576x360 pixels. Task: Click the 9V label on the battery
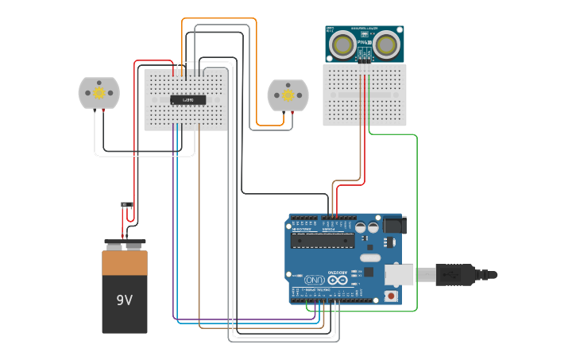124,300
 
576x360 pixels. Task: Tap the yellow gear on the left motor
99,93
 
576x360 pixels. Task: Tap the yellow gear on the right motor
288,95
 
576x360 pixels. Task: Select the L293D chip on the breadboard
188,99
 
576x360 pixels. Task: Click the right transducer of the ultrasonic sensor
387,44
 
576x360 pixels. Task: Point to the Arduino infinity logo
337,281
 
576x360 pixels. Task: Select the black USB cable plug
456,275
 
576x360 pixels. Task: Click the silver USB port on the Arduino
399,275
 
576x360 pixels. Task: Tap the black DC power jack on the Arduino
394,226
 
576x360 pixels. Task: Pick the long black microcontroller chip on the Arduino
322,241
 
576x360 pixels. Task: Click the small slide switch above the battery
127,205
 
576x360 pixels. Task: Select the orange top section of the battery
125,262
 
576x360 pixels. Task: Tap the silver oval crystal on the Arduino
370,257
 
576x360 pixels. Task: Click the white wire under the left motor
143,156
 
